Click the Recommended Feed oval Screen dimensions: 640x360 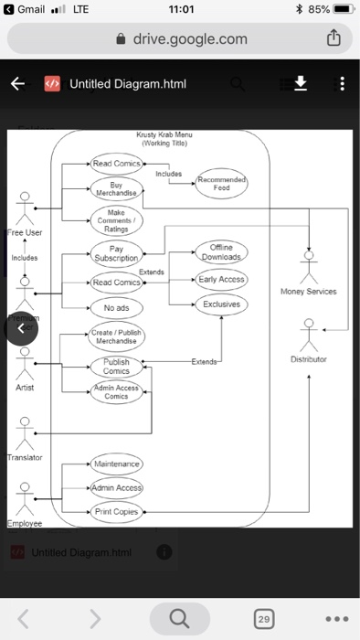pos(221,183)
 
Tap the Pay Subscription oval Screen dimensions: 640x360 pos(116,253)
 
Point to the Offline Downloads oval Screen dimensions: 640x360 pos(220,252)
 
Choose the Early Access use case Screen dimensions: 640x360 pos(221,280)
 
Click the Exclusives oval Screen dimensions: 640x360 pos(221,304)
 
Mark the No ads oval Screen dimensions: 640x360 pos(116,308)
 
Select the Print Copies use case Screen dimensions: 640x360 pos(117,512)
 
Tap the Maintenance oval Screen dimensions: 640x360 pos(116,464)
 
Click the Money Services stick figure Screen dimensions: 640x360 pos(309,267)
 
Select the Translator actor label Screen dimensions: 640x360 pos(25,456)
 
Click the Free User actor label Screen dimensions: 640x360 pos(25,232)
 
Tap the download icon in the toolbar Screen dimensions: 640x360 pos(300,84)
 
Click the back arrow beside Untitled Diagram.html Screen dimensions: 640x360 pos(17,84)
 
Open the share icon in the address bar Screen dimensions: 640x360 pos(334,38)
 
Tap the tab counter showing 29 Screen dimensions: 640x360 pos(263,620)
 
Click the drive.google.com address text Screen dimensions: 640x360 pos(189,38)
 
